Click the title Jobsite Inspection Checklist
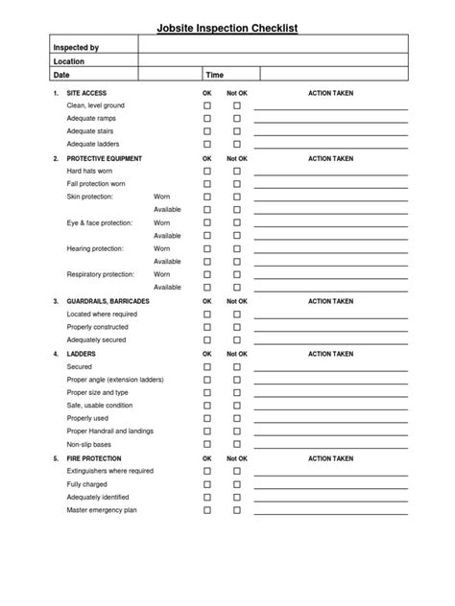pos(227,29)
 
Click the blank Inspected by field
pos(275,46)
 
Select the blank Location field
pos(275,60)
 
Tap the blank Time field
pos(335,74)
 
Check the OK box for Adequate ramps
pos(206,118)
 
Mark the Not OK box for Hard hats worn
pos(236,171)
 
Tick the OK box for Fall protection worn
pos(206,183)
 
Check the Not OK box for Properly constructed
pos(236,327)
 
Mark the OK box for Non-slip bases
pos(206,445)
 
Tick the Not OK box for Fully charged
pos(236,484)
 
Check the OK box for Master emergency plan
pos(206,510)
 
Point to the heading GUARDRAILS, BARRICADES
pos(106,301)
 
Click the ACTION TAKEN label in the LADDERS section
pos(330,354)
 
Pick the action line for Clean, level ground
pos(330,107)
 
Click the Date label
pos(61,74)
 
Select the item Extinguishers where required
pos(109,471)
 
